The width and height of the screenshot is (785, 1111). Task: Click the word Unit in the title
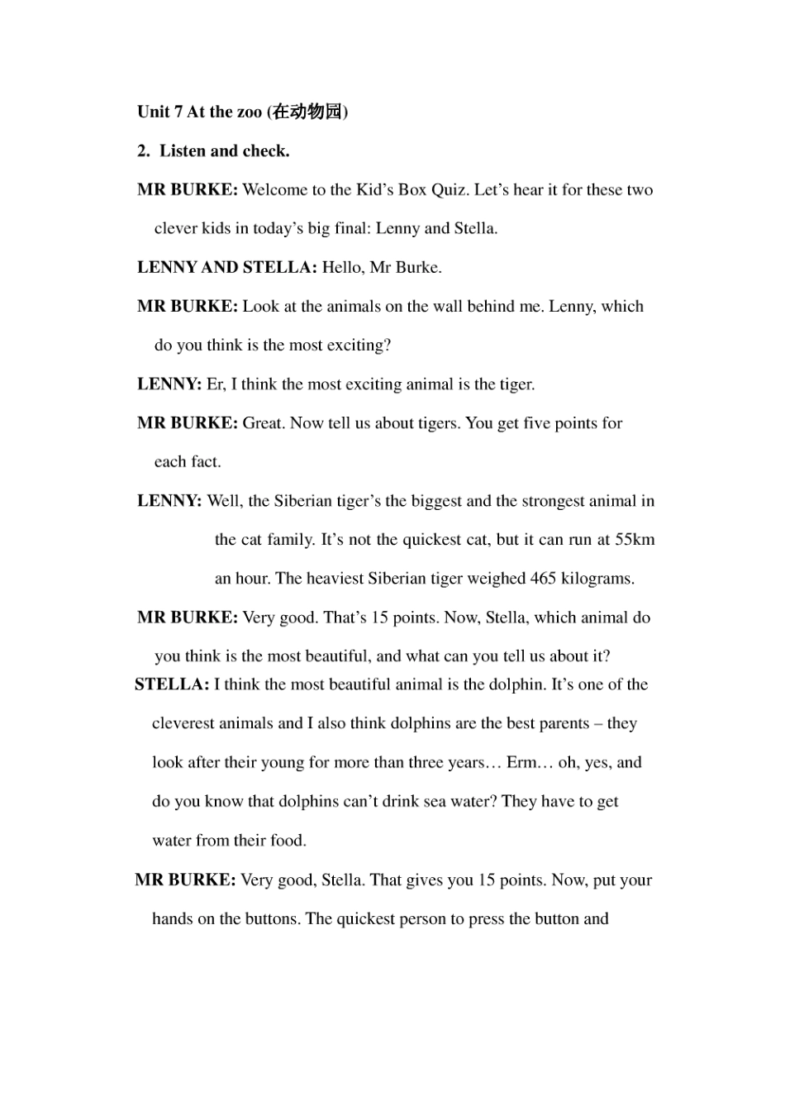pyautogui.click(x=153, y=112)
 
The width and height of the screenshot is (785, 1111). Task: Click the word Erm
pyautogui.click(x=522, y=762)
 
